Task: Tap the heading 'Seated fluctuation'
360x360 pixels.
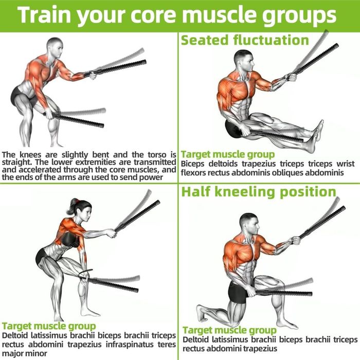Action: [x=245, y=40]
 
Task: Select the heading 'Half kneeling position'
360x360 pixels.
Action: [x=259, y=192]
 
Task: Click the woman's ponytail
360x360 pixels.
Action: [x=74, y=204]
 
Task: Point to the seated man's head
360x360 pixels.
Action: [x=244, y=60]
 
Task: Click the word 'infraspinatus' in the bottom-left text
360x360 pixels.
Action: [x=130, y=345]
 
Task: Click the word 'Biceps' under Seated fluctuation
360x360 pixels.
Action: [x=192, y=164]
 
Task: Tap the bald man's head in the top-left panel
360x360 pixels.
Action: [x=55, y=47]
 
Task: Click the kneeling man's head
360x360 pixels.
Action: [x=249, y=224]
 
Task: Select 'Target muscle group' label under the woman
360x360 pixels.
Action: [x=49, y=326]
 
